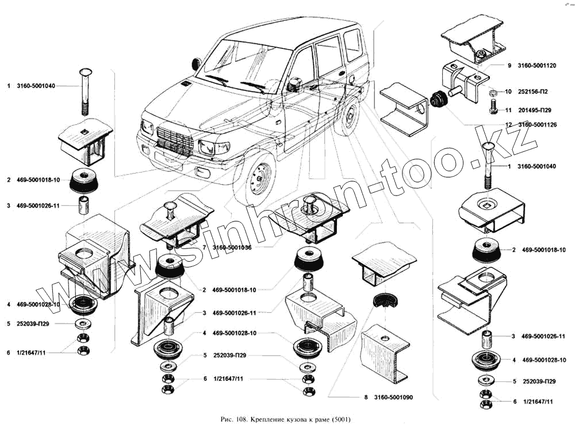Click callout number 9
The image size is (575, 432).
point(508,66)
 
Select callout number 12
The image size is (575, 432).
point(508,124)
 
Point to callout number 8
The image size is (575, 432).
point(365,397)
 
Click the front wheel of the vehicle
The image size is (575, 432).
point(257,175)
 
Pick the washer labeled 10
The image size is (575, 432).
point(493,92)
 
